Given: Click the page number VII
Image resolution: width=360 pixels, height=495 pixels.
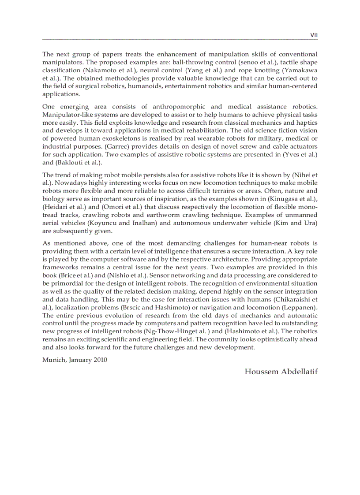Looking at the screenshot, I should coord(314,35).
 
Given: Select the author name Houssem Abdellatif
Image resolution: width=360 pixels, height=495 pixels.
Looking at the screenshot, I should coord(281,372).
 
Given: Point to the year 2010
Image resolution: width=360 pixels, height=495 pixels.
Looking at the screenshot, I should coord(100,360).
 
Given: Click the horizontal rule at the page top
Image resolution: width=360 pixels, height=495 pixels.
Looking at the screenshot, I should coord(180,39).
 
